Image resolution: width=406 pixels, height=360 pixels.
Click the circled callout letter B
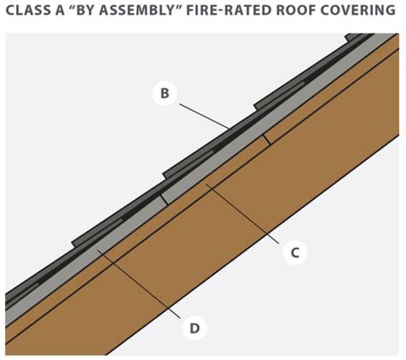(x=165, y=93)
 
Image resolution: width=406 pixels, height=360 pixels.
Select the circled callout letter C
(x=294, y=253)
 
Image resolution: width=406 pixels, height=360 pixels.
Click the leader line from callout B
(x=203, y=115)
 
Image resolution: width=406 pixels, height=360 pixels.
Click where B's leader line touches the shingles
(x=229, y=129)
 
